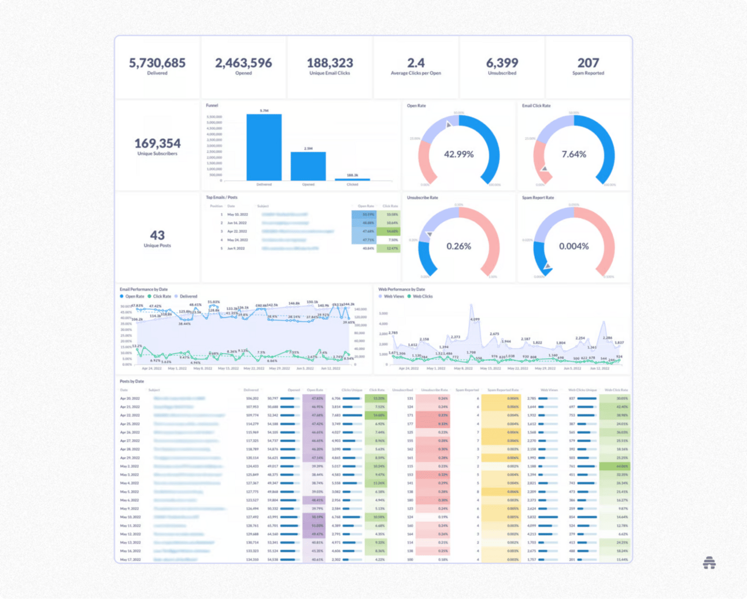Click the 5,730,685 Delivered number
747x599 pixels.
pos(157,63)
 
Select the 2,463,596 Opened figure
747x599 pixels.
pos(243,63)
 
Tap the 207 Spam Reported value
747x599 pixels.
pos(588,63)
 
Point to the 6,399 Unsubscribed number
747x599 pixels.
pos(502,63)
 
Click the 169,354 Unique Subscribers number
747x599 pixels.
pos(157,143)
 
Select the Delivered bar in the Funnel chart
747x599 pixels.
pos(264,147)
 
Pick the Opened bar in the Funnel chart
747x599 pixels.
pos(308,166)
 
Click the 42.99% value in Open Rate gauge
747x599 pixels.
pos(458,154)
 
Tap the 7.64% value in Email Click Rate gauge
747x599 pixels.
pos(574,154)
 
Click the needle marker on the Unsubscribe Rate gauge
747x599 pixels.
pos(429,235)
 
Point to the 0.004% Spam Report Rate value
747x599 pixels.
pos(574,246)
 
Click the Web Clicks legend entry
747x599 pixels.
pos(422,296)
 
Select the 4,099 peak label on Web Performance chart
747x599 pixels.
pos(475,319)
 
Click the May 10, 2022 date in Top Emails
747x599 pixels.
pos(237,214)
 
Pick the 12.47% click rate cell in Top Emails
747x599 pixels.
pos(392,248)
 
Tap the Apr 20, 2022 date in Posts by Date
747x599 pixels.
pos(130,399)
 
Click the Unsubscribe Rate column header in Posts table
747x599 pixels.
pos(434,390)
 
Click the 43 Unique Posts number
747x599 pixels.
pos(157,235)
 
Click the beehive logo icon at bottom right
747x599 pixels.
pos(709,563)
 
